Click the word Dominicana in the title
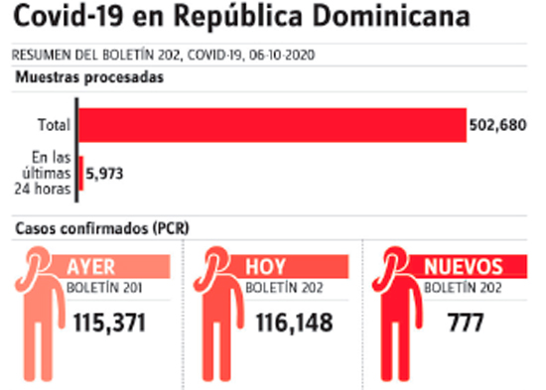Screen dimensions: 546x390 click(391, 16)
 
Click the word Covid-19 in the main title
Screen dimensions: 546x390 click(68, 16)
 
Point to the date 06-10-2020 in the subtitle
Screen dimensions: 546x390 click(282, 55)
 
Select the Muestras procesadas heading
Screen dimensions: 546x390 click(89, 77)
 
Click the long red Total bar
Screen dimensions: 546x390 click(272, 125)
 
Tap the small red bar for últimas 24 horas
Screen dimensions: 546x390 click(81, 173)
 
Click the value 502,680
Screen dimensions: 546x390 click(498, 125)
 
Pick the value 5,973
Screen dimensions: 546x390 click(104, 174)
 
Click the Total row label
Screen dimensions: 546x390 click(54, 125)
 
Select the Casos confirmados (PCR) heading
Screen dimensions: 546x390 click(102, 228)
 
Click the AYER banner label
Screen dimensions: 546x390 click(91, 267)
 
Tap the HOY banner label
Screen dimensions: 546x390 click(265, 267)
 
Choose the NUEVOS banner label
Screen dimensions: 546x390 click(464, 267)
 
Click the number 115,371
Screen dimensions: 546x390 click(109, 323)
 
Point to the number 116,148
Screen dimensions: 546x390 click(295, 323)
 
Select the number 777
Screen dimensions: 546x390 click(466, 323)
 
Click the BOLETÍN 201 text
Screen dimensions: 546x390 click(104, 288)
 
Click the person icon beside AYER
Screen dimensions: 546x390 click(39, 314)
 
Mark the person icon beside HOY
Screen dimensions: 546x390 click(217, 314)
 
